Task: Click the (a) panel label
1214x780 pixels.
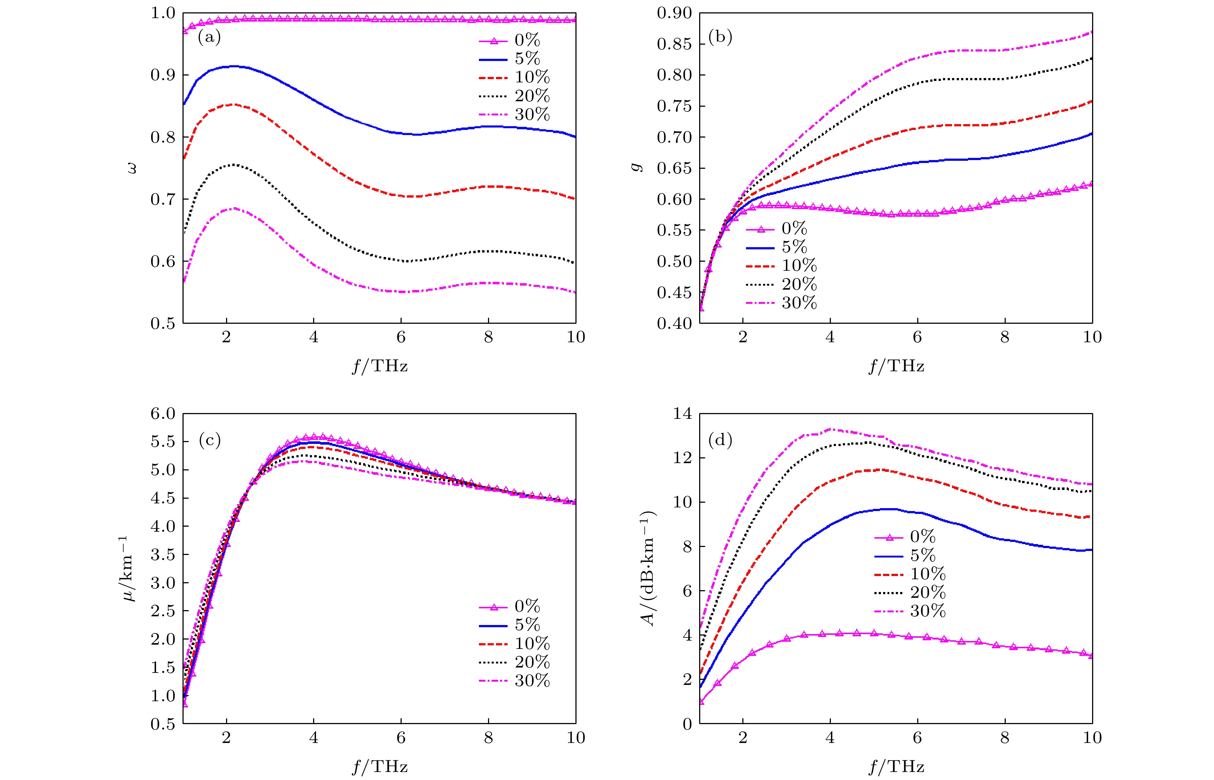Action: pos(209,37)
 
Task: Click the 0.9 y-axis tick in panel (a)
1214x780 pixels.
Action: pos(163,75)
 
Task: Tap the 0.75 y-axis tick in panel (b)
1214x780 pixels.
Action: pos(674,106)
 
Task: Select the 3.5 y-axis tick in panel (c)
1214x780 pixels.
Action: pos(163,554)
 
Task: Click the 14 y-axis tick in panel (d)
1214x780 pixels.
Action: pos(682,414)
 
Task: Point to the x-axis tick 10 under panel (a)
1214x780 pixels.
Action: pos(575,337)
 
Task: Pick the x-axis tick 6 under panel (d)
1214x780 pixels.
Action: pos(917,738)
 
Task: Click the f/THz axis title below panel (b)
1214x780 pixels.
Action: pos(896,366)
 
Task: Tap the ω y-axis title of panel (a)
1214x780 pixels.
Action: pos(132,168)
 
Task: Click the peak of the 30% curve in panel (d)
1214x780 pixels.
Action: pos(830,429)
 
